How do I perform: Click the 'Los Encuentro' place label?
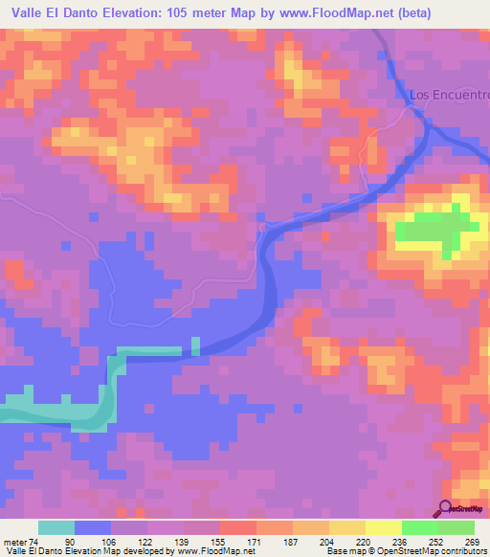[x=449, y=95]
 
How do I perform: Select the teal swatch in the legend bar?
[x=56, y=527]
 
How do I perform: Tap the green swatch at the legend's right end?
[x=457, y=527]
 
